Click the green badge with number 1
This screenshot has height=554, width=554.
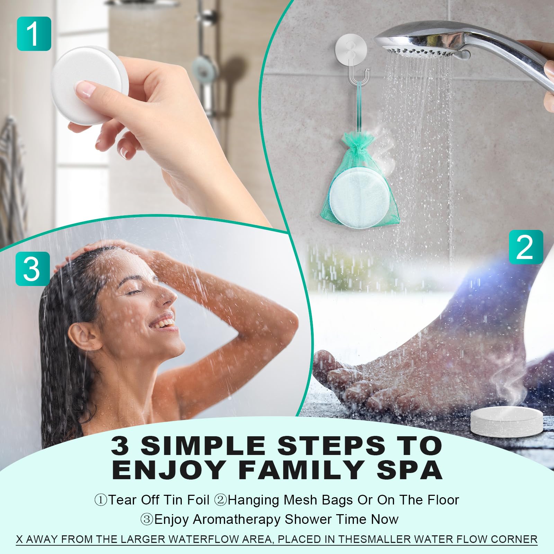click(34, 34)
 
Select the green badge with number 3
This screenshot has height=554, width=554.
click(33, 269)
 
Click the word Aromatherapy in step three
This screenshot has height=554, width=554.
click(237, 520)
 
